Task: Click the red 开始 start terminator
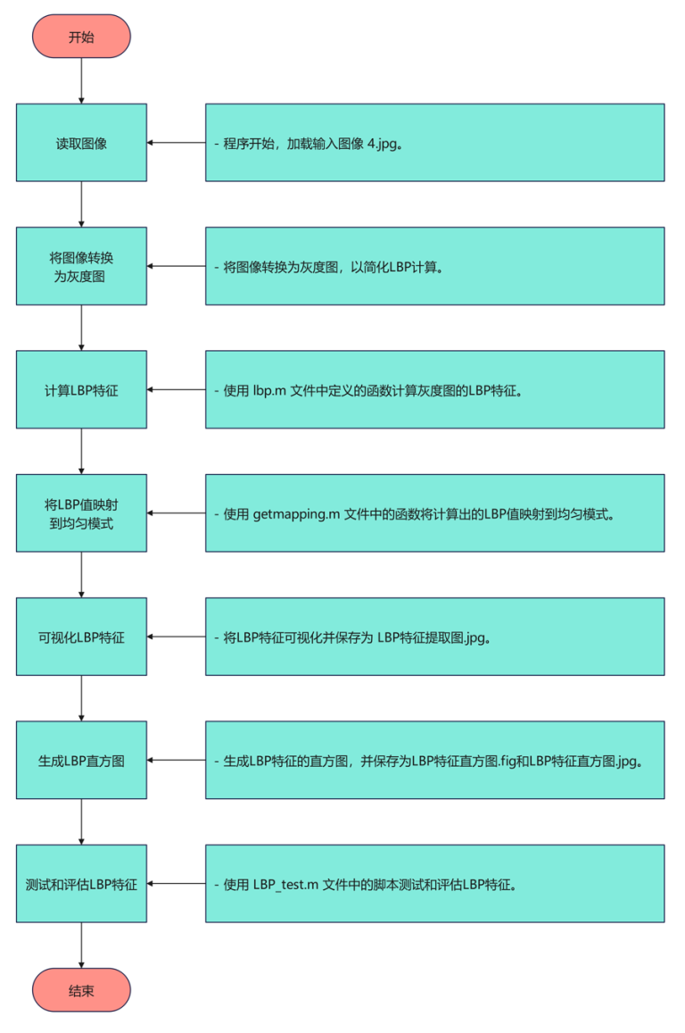click(x=81, y=37)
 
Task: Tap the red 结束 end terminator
click(x=81, y=990)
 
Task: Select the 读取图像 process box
click(x=81, y=143)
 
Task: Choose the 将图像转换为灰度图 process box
click(x=81, y=266)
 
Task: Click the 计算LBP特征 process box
click(x=81, y=389)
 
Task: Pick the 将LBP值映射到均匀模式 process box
click(x=81, y=513)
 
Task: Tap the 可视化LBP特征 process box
click(x=81, y=637)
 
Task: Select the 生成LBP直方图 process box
click(x=81, y=761)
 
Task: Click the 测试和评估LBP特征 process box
click(x=81, y=884)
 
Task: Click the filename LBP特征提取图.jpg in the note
click(x=433, y=637)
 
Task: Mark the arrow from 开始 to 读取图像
click(x=81, y=81)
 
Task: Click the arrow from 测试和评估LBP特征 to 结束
click(x=81, y=946)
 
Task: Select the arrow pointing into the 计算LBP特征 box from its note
click(x=176, y=389)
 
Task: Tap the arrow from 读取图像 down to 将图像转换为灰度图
click(x=81, y=204)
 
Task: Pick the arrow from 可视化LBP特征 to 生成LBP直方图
click(x=81, y=698)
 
